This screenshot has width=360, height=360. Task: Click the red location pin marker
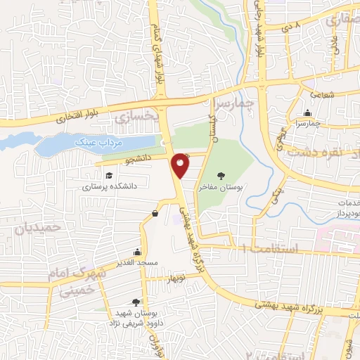(181, 165)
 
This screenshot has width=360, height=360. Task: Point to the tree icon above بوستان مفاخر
(223, 176)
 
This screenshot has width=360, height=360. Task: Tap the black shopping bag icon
(155, 213)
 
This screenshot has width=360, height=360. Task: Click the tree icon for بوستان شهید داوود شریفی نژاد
(136, 302)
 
